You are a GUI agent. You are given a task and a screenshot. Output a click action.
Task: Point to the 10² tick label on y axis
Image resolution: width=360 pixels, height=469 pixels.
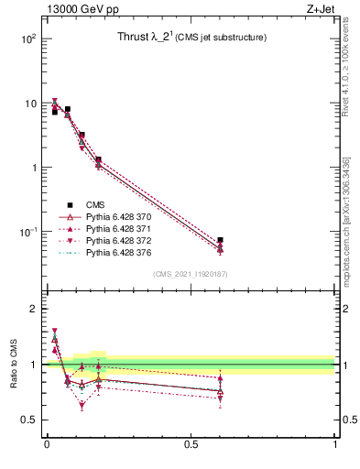tap(27, 39)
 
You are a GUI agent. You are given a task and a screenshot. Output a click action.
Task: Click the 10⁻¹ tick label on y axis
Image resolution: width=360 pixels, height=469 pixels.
tap(27, 232)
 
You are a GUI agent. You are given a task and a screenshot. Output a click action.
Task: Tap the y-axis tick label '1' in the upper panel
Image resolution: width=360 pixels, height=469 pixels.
tap(34, 168)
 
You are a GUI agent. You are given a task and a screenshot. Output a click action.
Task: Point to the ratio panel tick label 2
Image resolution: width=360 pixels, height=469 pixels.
tap(34, 309)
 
